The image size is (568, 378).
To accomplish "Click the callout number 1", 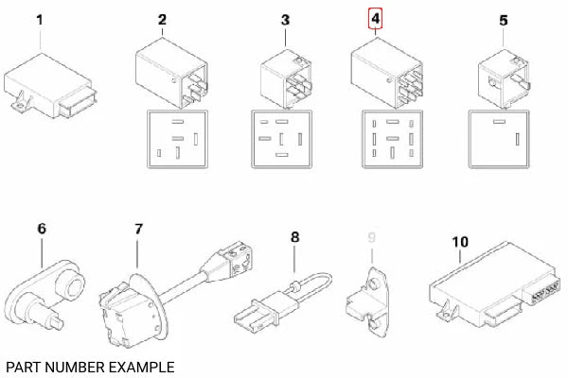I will pyautogui.click(x=39, y=20).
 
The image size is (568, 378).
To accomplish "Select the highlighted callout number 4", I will pyautogui.click(x=377, y=19).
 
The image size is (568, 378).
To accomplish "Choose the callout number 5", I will pyautogui.click(x=503, y=20).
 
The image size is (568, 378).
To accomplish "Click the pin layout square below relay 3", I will pyautogui.click(x=281, y=140).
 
